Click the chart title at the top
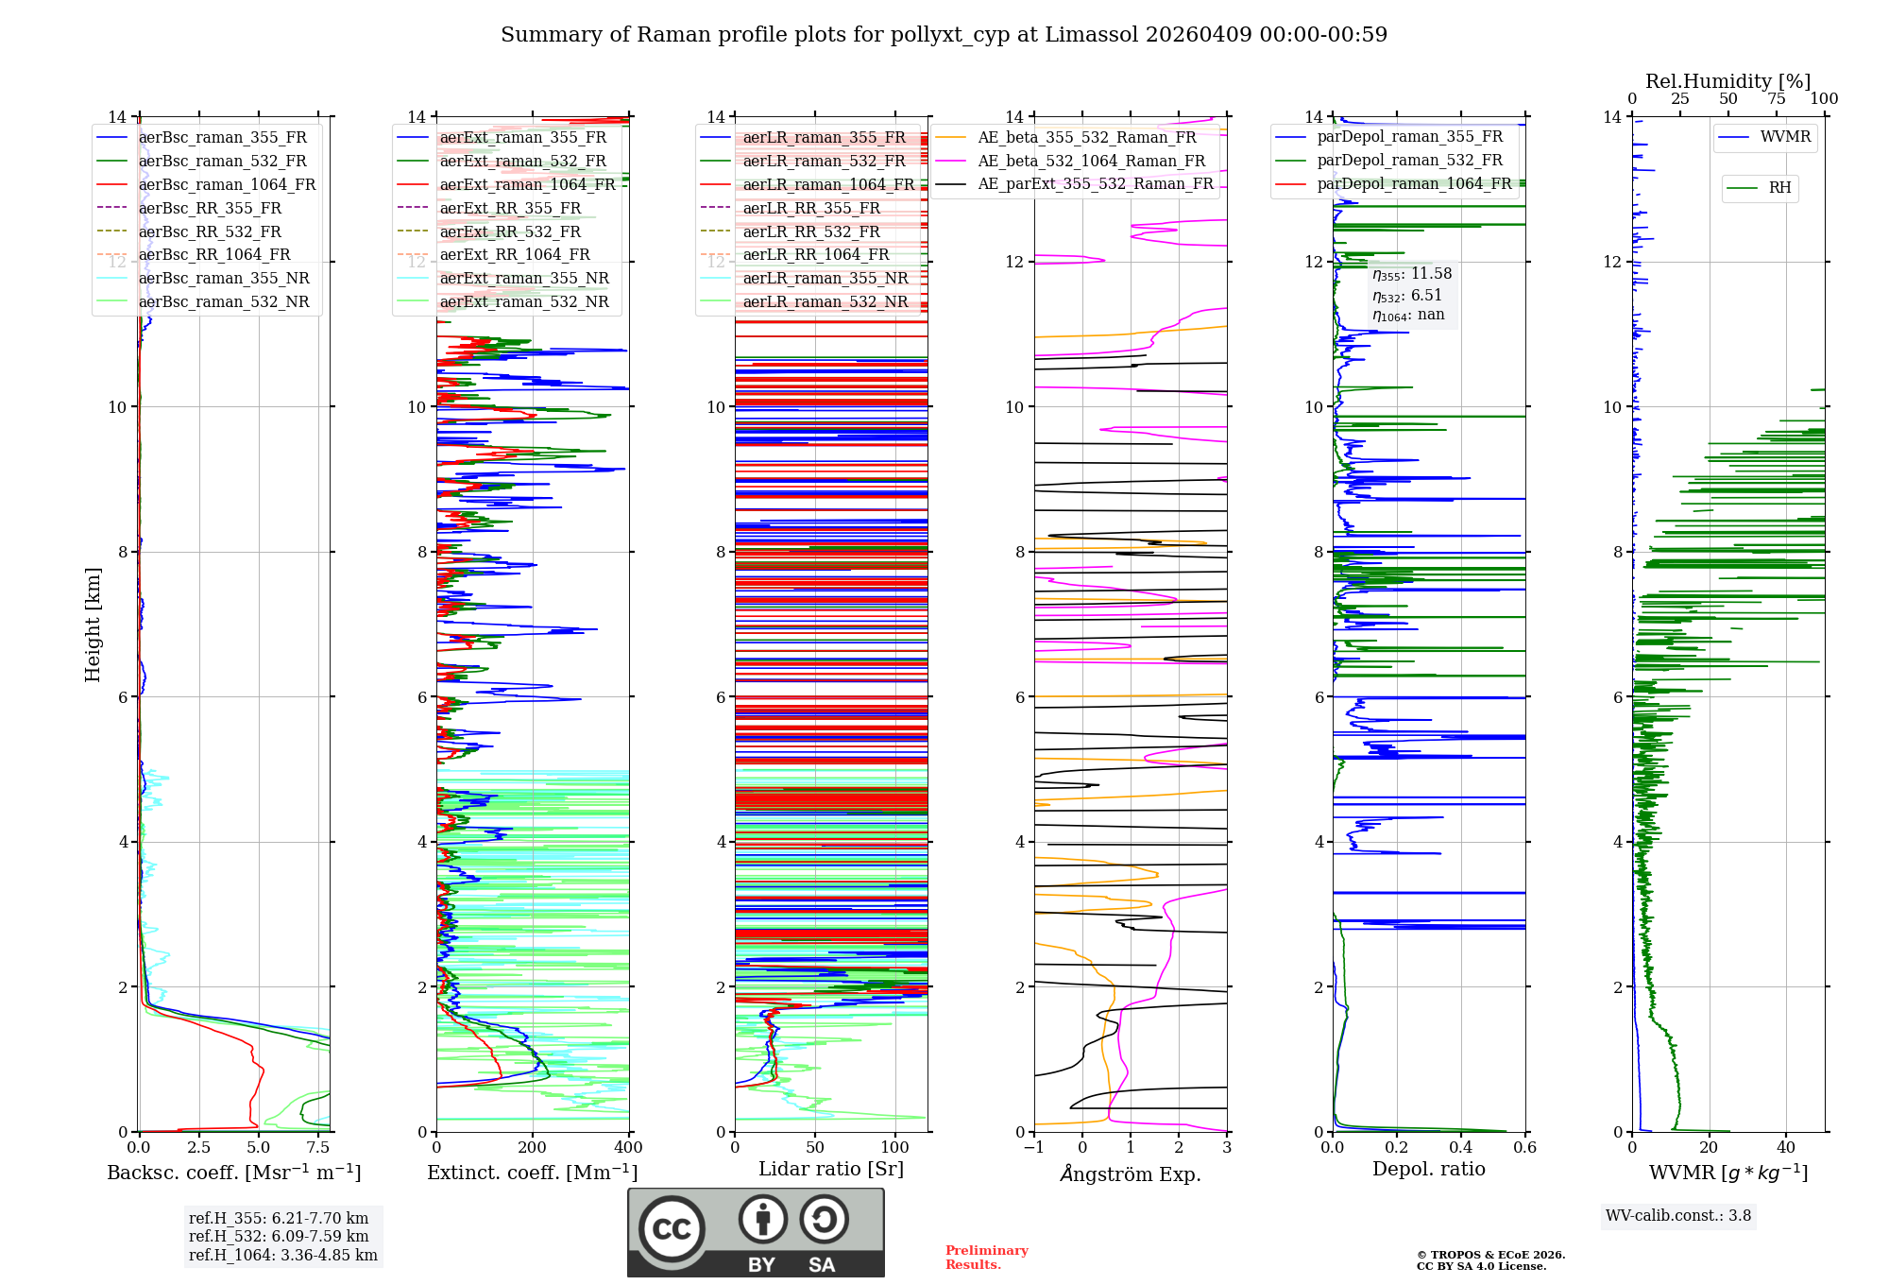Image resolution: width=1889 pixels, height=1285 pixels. pyautogui.click(x=944, y=35)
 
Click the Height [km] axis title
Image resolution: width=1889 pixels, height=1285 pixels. pyautogui.click(x=93, y=624)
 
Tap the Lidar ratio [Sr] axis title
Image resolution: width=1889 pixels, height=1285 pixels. pyautogui.click(x=831, y=1169)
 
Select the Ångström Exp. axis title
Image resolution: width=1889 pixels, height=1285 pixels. pyautogui.click(x=1131, y=1174)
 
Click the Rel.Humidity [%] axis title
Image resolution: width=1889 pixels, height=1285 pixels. pyautogui.click(x=1727, y=81)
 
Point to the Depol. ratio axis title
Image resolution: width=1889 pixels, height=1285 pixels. pyautogui.click(x=1428, y=1169)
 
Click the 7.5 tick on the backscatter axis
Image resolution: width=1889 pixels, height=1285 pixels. pyautogui.click(x=318, y=1148)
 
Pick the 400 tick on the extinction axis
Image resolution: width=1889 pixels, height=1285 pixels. pyautogui.click(x=628, y=1148)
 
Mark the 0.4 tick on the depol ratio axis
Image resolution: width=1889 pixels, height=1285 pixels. pyautogui.click(x=1461, y=1148)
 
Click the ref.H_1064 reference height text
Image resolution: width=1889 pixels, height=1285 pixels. pyautogui.click(x=282, y=1255)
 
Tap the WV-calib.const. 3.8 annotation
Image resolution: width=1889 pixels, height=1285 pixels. pyautogui.click(x=1678, y=1216)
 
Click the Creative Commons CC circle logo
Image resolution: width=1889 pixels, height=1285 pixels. pyautogui.click(x=672, y=1229)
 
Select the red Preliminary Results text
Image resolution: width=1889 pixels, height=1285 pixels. pyautogui.click(x=986, y=1258)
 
